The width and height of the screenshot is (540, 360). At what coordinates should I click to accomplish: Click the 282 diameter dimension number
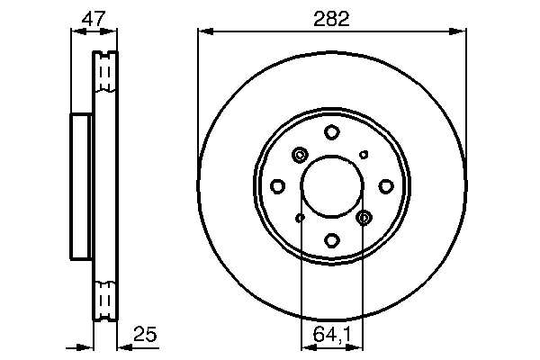331,17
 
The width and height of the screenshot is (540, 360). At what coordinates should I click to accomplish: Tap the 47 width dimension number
94,17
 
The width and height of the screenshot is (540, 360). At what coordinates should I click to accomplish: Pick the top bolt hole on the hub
331,132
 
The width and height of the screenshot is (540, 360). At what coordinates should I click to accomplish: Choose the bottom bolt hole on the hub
331,240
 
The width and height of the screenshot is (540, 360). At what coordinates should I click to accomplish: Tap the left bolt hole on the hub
278,186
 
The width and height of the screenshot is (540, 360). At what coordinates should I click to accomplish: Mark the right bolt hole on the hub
385,186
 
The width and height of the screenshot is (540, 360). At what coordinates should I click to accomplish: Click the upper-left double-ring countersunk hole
300,156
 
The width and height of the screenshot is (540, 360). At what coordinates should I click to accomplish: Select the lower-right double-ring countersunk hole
364,217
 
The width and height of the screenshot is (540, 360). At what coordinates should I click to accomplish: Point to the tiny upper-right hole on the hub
364,155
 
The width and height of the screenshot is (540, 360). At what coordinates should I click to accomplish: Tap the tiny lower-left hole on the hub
301,218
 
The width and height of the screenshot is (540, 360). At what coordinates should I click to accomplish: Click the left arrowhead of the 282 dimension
202,31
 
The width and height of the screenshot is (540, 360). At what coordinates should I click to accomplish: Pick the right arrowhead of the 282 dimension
461,31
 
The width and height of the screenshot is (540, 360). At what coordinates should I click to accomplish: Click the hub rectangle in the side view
81,186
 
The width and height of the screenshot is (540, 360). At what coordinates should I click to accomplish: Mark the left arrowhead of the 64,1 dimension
305,345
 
